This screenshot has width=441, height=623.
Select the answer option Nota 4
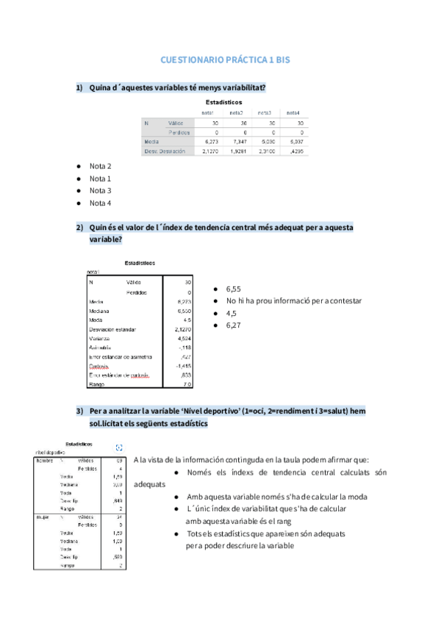(x=100, y=204)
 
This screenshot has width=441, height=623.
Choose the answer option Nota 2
(x=100, y=166)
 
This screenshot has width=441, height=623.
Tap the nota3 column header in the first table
(x=264, y=112)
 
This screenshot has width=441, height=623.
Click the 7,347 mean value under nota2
(x=236, y=141)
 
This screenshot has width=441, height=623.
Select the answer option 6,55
(x=234, y=289)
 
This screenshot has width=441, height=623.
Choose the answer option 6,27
(x=234, y=325)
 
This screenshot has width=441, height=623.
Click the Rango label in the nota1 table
(x=96, y=384)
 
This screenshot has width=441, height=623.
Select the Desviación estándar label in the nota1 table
(x=112, y=330)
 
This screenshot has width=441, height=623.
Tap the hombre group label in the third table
(x=44, y=460)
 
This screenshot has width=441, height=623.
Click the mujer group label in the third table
(x=42, y=517)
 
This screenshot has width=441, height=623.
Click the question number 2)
(x=81, y=228)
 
